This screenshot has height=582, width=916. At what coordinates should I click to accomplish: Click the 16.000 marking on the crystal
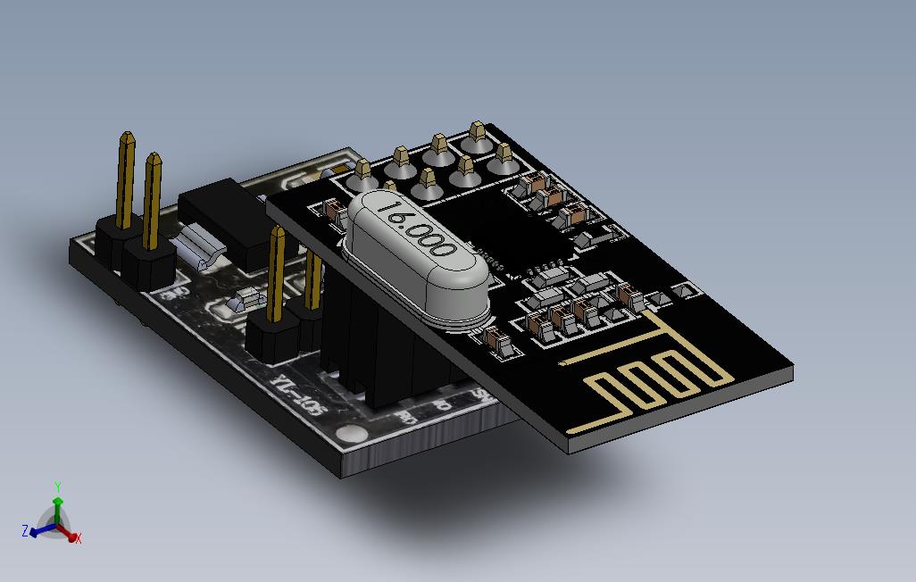point(415,229)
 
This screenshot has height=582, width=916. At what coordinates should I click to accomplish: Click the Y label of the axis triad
point(57,486)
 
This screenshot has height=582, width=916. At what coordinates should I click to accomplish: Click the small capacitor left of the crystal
point(334,212)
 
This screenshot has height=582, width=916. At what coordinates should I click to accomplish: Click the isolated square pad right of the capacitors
point(686,290)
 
